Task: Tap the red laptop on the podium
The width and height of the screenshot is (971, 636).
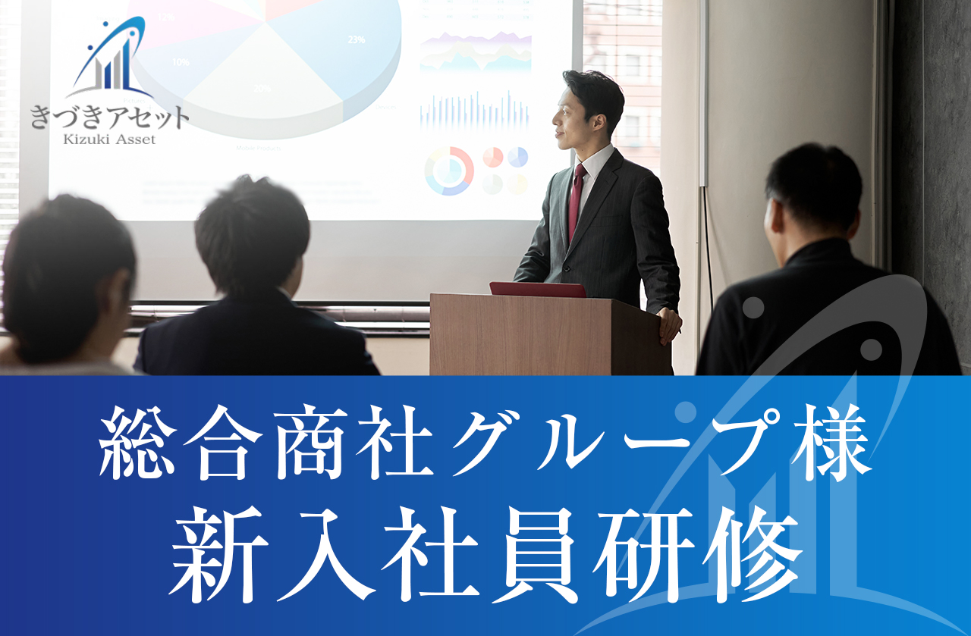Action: pyautogui.click(x=537, y=290)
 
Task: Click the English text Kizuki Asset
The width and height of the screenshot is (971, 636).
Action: pyautogui.click(x=111, y=139)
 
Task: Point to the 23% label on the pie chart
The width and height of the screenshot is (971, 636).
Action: pyautogui.click(x=356, y=40)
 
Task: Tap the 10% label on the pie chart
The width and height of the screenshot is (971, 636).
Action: pyautogui.click(x=181, y=62)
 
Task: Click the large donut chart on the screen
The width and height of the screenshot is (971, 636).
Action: pyautogui.click(x=449, y=171)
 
